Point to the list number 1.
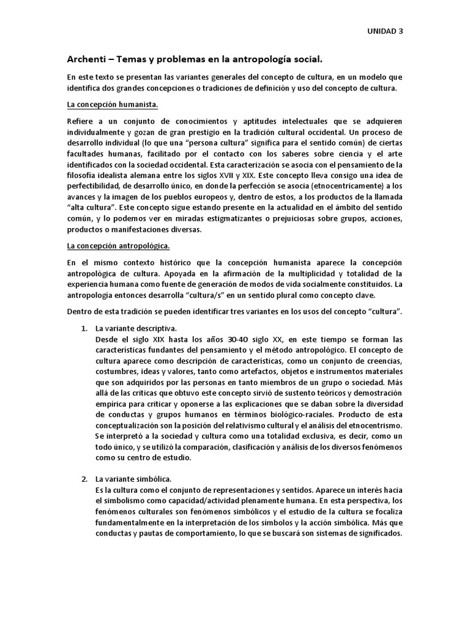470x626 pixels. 85,329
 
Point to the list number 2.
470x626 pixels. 85,478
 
